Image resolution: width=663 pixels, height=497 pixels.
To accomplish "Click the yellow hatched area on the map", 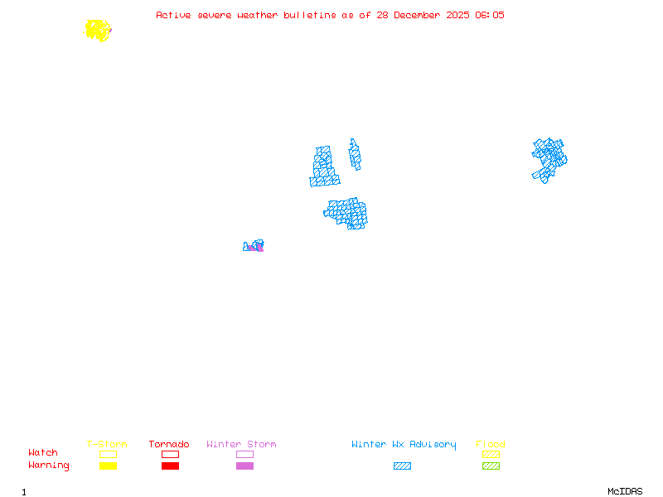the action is coord(98,31).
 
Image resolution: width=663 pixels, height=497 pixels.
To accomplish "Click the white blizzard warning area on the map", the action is coord(341,161).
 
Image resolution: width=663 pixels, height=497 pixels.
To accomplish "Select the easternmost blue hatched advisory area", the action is coord(548,157).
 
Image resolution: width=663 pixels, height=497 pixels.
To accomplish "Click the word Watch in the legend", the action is coord(43,453).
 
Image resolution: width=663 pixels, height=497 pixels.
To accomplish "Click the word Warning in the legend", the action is coord(48,466).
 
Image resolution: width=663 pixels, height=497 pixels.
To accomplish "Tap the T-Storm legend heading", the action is coord(107,444).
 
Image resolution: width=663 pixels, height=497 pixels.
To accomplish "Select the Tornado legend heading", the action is coord(169,444).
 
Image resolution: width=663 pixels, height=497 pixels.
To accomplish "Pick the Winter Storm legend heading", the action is coord(241,444).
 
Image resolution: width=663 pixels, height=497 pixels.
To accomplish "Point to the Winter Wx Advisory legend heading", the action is coord(404,444).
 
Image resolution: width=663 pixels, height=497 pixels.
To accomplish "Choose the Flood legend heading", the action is coord(491,444).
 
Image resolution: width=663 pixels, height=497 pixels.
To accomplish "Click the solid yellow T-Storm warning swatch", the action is coord(108,466).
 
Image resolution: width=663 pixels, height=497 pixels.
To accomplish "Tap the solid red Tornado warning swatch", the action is coord(170,466).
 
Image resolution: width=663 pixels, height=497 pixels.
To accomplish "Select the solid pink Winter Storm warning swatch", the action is coord(244,466).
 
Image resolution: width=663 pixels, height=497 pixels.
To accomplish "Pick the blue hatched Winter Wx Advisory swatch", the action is coord(402,466).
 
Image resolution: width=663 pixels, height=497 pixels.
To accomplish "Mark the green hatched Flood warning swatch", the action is coord(491,466).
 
